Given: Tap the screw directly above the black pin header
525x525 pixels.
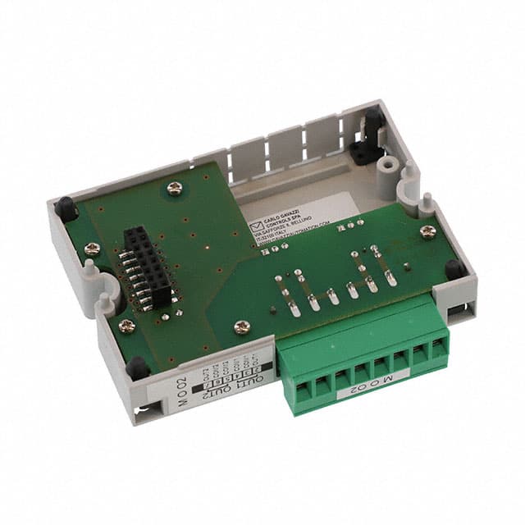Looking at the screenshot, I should (x=174, y=188).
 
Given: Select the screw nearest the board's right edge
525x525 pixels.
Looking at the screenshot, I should (x=427, y=231).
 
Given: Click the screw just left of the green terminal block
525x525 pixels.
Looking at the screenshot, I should (x=241, y=326).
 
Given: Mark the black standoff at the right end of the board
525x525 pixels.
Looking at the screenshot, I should (x=453, y=269).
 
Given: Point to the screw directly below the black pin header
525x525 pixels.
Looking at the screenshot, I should (x=126, y=326).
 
